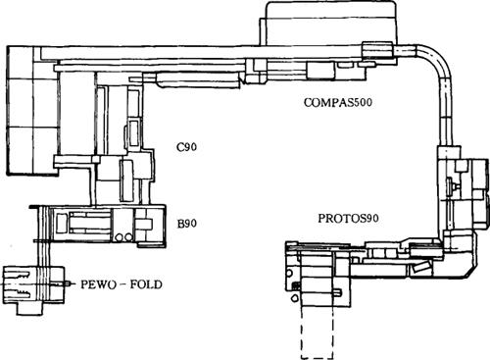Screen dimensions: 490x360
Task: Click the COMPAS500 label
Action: tap(338, 102)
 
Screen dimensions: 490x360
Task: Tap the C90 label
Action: tap(187, 147)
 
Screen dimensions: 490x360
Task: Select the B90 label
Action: tap(187, 224)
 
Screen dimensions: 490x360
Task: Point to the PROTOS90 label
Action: tap(349, 218)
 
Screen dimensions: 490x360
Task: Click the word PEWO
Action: tap(98, 284)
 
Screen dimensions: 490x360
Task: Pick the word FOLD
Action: tap(146, 284)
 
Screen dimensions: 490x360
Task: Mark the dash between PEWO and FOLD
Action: tap(123, 284)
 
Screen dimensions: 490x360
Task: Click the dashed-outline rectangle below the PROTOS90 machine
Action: tap(318, 333)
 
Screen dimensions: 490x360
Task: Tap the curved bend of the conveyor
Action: tap(438, 58)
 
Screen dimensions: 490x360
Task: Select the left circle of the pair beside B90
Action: tap(120, 236)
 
